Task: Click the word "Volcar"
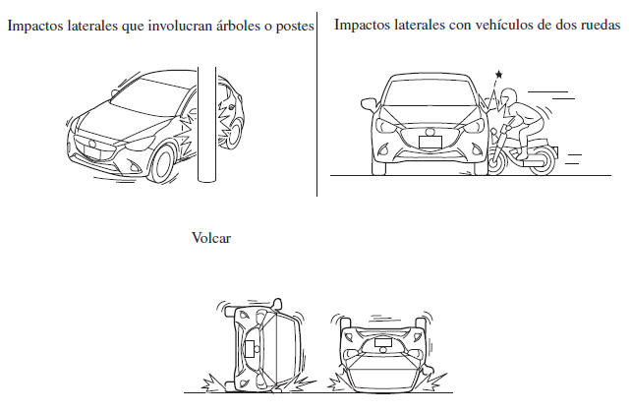coord(211,238)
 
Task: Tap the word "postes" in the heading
coord(295,27)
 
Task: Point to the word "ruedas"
coord(601,25)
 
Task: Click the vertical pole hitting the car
coord(206,125)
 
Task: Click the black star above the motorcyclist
coord(499,74)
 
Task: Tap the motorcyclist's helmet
coord(509,97)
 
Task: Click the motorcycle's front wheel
coord(496,161)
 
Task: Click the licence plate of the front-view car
coord(430,143)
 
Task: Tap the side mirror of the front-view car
coord(369,104)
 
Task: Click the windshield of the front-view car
coord(429,93)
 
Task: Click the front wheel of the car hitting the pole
coord(162,164)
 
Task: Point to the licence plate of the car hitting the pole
coord(92,152)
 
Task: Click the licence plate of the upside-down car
coord(383,342)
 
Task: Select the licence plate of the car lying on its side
coord(250,349)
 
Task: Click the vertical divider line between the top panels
coord(317,104)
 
